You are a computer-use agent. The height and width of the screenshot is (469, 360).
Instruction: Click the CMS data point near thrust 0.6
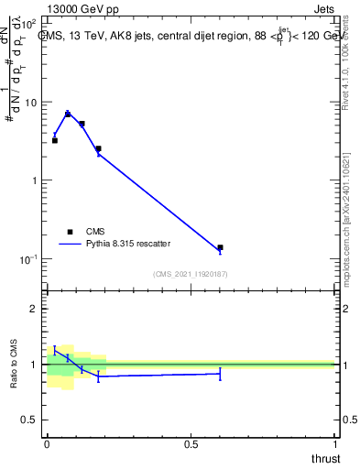point(220,247)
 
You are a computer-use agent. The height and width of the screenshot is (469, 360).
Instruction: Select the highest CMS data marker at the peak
point(68,114)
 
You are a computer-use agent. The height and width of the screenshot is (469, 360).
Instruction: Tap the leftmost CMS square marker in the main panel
point(55,140)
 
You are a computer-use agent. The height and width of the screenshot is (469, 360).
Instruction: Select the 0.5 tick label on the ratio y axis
point(33,420)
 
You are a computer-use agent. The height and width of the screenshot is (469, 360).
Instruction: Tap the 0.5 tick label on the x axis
point(191,444)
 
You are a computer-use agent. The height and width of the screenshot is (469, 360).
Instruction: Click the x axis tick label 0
point(47,444)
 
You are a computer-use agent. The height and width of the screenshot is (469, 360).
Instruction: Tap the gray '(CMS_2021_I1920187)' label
point(191,274)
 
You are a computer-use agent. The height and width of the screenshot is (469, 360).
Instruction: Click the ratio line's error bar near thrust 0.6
point(220,373)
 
